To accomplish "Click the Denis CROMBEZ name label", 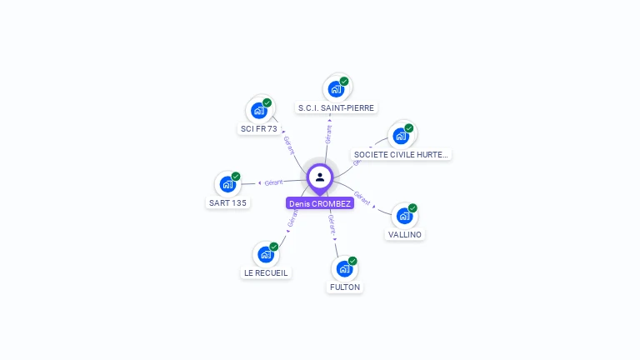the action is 320,203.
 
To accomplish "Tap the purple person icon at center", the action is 320,177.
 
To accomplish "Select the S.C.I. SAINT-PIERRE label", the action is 337,107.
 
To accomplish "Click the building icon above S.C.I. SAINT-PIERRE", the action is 336,89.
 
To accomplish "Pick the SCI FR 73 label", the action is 259,129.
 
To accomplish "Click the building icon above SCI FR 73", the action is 259,110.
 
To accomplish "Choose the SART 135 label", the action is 227,202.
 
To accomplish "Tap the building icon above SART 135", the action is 227,184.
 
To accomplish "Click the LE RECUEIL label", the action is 266,272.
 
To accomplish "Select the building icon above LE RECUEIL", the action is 266,254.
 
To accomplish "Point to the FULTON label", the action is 345,287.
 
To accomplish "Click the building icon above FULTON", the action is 344,268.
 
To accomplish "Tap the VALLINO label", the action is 405,234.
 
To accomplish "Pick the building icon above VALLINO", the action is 404,216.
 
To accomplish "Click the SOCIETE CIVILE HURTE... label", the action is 401,154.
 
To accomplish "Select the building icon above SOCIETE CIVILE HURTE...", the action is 401,136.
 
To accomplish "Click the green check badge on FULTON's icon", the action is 352,261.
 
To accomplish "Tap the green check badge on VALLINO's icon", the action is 412,208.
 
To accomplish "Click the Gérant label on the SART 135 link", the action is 273,182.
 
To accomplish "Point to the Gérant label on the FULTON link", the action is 332,222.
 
